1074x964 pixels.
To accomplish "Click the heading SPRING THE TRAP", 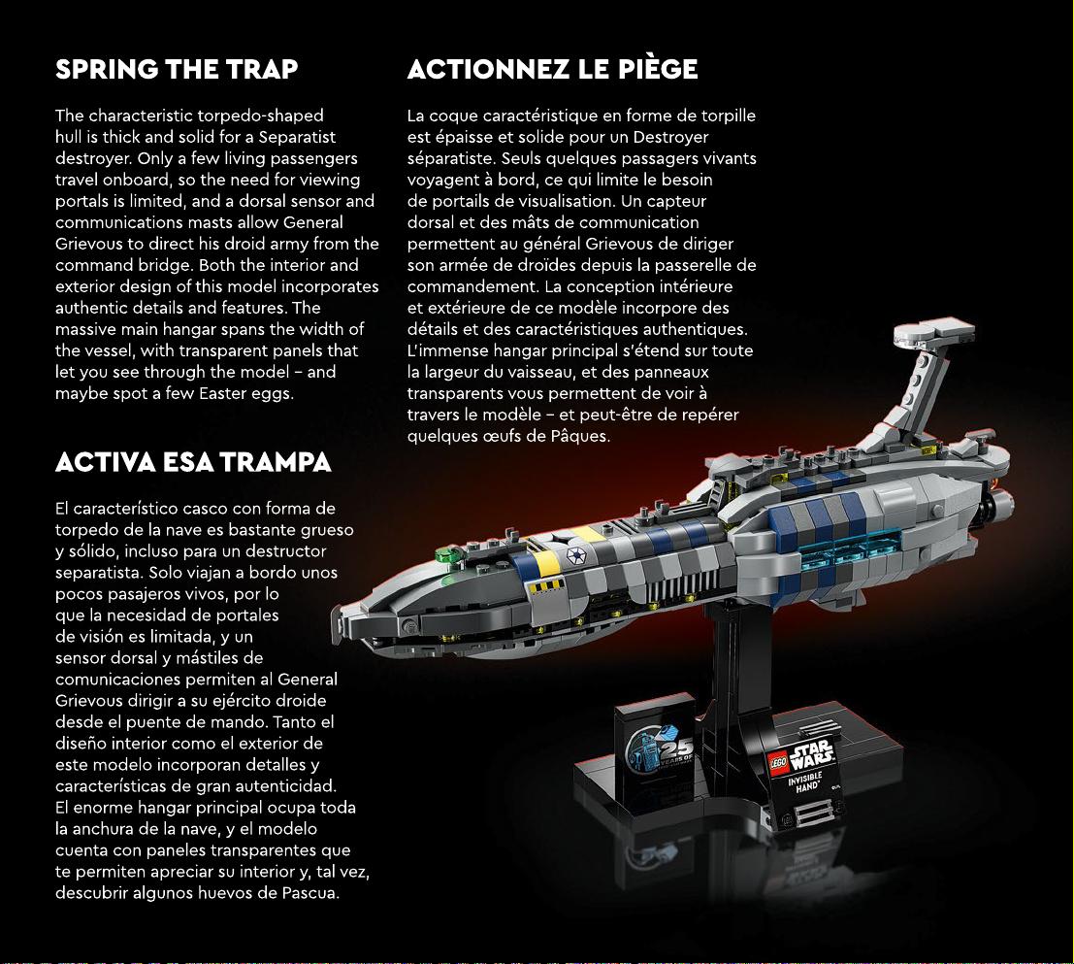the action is coord(177,69).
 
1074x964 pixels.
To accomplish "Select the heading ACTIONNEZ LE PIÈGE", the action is coord(553,69).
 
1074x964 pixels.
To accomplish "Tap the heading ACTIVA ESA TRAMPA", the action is coord(193,462).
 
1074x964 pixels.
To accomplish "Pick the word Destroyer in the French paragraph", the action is coord(670,137).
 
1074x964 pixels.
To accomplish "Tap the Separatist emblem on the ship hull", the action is coord(574,555).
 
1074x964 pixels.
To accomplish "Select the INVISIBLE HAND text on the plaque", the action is coord(805,782).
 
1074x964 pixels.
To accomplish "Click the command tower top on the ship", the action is coord(934,334).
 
